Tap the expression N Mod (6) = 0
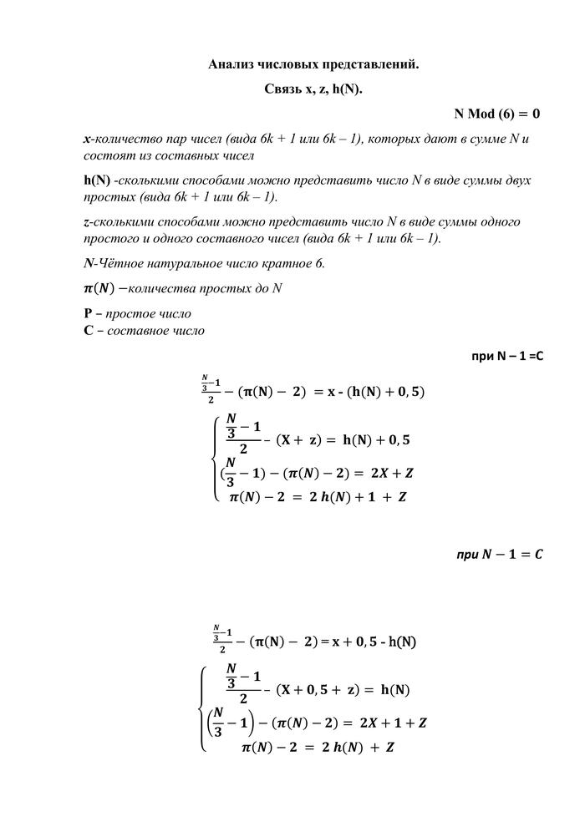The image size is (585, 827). [x=496, y=113]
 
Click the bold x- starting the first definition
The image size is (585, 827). [x=88, y=138]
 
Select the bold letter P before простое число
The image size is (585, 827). [x=88, y=313]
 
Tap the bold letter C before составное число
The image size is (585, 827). [x=88, y=330]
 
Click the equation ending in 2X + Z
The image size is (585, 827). [x=318, y=473]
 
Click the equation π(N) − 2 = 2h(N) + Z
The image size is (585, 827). [x=318, y=746]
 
